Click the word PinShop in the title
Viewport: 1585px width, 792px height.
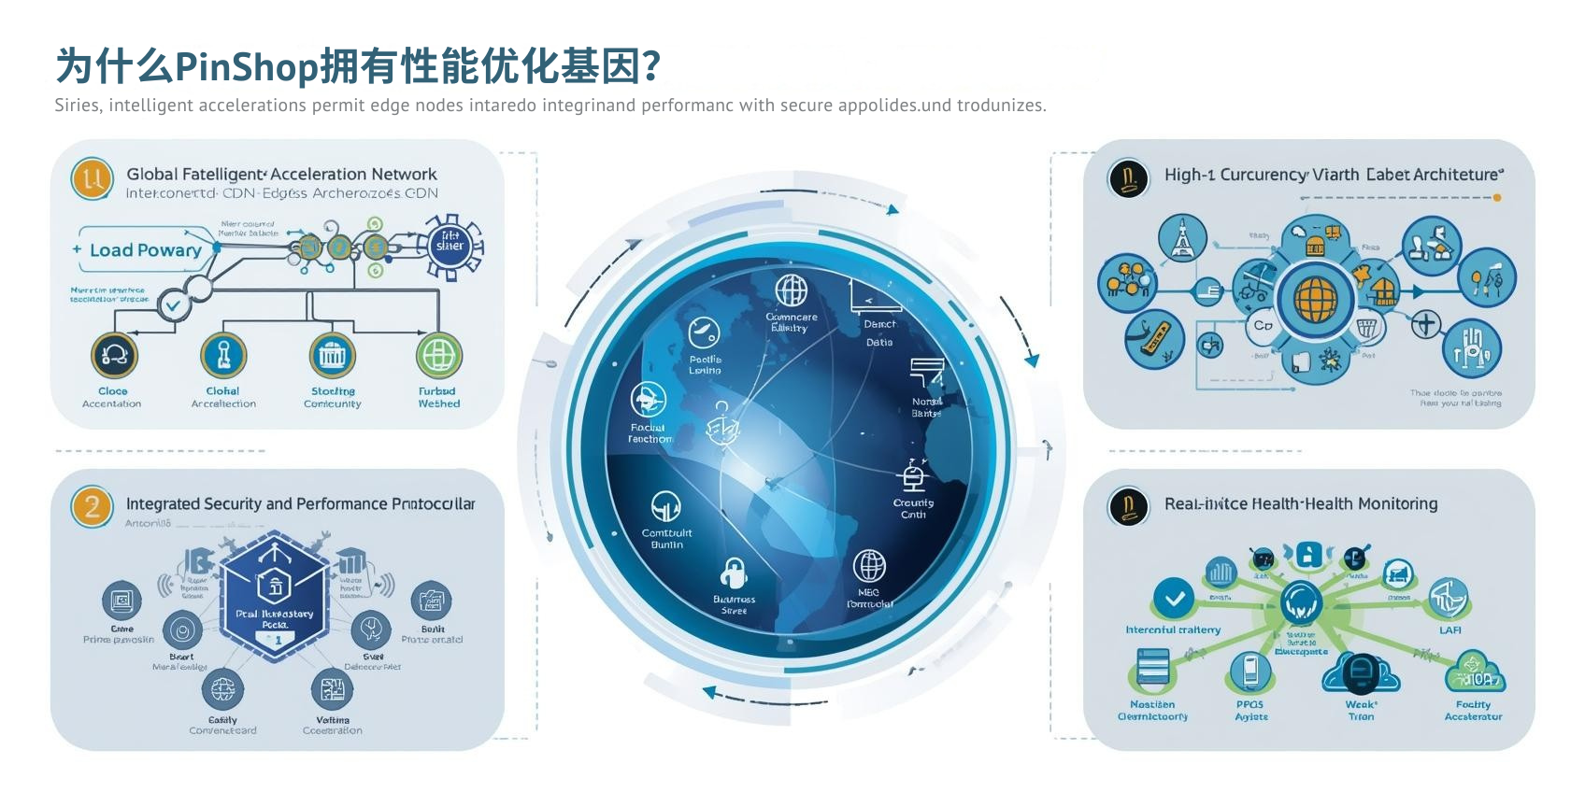coord(247,66)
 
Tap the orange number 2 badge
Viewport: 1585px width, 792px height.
coord(92,507)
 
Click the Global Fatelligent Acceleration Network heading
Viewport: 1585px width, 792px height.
coord(281,174)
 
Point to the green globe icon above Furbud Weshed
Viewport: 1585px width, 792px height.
coord(438,356)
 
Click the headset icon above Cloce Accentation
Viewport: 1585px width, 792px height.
coord(114,355)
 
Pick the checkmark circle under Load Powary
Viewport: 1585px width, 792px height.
coord(173,304)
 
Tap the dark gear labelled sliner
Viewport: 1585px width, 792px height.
coord(450,246)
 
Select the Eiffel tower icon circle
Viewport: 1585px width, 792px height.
coord(1182,238)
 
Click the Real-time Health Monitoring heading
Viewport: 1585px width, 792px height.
coord(1300,503)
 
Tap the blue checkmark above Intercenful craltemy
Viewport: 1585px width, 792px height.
coord(1174,599)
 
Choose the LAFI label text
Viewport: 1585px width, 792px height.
coord(1449,630)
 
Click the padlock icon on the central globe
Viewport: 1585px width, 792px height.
coord(734,573)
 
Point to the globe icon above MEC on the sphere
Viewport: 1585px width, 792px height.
coord(869,566)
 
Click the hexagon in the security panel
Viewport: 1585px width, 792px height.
coord(275,596)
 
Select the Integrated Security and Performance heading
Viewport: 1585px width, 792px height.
coord(300,503)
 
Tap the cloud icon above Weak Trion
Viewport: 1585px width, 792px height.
coord(1361,672)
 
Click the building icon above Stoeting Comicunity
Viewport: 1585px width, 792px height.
coord(333,355)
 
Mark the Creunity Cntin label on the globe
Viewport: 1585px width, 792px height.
coord(913,508)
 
